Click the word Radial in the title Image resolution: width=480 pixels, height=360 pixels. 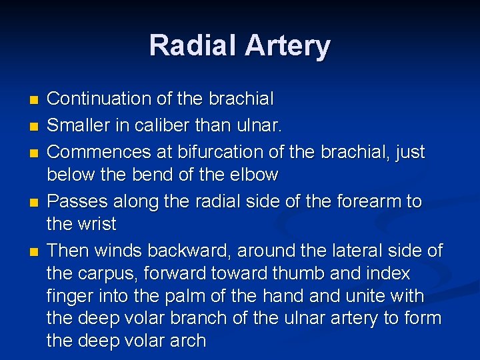point(193,46)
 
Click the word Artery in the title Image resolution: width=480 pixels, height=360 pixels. point(287,46)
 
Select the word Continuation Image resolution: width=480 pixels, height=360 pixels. point(99,99)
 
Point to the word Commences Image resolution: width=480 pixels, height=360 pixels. point(99,152)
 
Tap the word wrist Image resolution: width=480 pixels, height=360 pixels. point(96,224)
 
